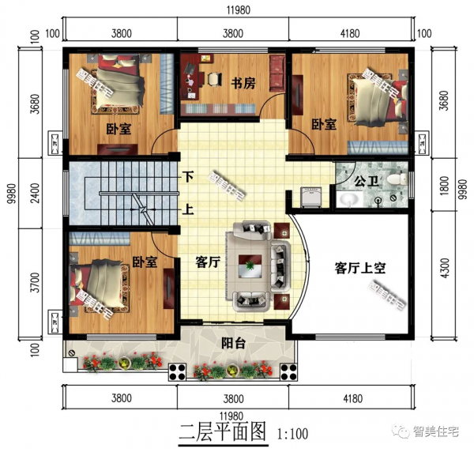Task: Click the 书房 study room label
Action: [242, 81]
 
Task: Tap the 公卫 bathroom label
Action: [366, 182]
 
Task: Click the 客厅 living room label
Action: [207, 263]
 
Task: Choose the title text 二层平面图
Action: [224, 432]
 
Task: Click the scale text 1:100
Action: [293, 434]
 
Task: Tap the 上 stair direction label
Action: [188, 211]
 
